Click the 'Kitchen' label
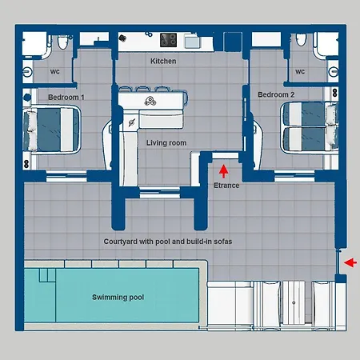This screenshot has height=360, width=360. pos(163,61)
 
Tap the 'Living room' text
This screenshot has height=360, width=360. pos(166,142)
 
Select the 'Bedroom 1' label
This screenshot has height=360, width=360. pos(66,97)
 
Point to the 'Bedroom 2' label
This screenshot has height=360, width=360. pos(275,94)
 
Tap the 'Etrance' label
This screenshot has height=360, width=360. pos(226,185)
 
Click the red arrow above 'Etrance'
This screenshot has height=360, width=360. pos(223,170)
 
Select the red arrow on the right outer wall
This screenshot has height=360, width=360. pos(350,262)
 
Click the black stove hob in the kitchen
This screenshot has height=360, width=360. pos(168,39)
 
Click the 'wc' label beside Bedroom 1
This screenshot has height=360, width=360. pos(55,71)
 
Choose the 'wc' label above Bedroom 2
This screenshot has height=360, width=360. pos(300,71)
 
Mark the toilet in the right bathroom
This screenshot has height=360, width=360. pos(299,42)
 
